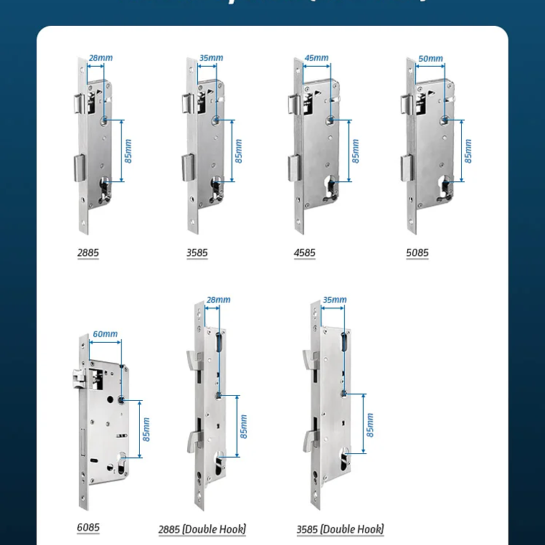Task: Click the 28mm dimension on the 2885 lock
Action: [x=100, y=58]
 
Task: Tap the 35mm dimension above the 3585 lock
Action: [x=212, y=58]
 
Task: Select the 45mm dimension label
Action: [x=316, y=58]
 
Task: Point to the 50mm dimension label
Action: [x=430, y=58]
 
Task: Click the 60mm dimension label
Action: [x=105, y=334]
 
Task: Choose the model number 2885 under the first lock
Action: [x=88, y=253]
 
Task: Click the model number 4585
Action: [x=304, y=253]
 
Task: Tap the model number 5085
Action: [x=417, y=253]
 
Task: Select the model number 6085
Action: [x=88, y=528]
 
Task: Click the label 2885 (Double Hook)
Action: [x=202, y=530]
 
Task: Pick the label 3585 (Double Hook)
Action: [x=340, y=530]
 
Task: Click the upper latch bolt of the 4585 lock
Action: [x=294, y=104]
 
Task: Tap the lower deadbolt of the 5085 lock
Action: [x=404, y=169]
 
